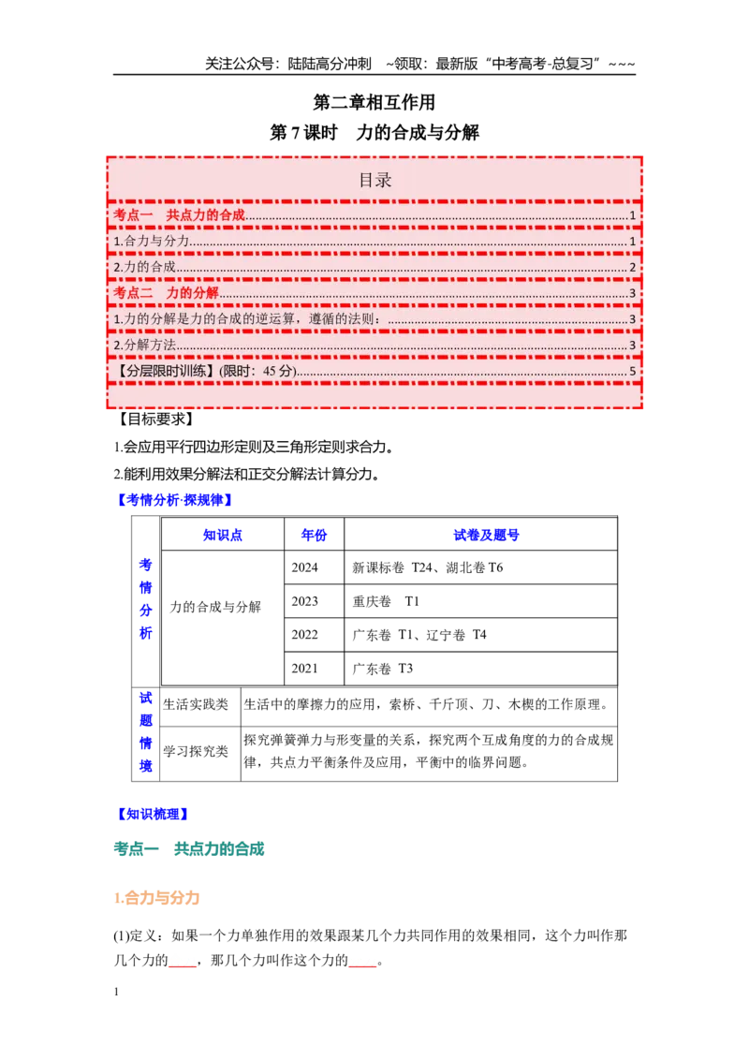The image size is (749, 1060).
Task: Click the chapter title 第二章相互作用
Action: click(374, 102)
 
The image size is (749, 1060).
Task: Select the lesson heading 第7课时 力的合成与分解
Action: click(374, 133)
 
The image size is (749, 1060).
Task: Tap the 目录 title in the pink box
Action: click(374, 181)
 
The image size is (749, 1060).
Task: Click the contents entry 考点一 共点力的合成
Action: click(179, 215)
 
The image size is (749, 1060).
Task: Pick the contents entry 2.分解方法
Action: click(145, 345)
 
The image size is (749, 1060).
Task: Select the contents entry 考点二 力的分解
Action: click(167, 293)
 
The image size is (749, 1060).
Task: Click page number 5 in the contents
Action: click(633, 371)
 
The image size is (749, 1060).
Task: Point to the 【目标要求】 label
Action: click(155, 420)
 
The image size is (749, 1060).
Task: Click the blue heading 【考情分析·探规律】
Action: click(175, 500)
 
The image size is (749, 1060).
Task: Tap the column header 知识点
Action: click(223, 536)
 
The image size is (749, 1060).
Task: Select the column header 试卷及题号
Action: click(486, 536)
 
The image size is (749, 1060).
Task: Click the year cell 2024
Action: click(304, 567)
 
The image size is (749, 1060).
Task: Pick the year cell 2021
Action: click(304, 669)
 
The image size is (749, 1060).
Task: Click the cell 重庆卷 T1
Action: click(386, 602)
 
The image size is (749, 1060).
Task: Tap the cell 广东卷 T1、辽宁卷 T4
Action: click(419, 635)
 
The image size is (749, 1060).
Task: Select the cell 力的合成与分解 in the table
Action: click(215, 607)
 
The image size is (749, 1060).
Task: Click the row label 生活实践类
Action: click(196, 704)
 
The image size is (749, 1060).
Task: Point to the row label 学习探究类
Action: click(196, 751)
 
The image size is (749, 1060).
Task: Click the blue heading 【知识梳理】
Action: click(153, 814)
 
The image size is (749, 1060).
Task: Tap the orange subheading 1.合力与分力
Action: click(157, 898)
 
